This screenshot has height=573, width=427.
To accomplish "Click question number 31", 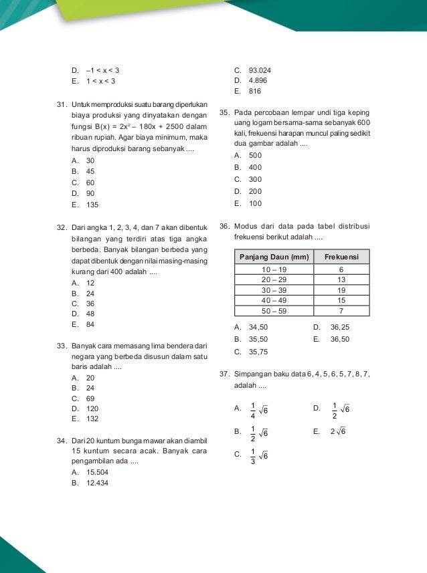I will [62, 106].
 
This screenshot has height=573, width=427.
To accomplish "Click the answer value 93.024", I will [259, 70].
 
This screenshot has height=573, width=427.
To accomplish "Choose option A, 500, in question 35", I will [254, 155].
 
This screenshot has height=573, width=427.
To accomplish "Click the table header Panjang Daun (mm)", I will [274, 257].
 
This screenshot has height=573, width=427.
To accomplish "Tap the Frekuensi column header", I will [341, 257].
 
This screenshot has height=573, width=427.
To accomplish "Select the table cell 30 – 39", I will [274, 290].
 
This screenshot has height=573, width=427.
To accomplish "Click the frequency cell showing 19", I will [341, 290].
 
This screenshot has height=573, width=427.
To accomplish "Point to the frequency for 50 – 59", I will [341, 311].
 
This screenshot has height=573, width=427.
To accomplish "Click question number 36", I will [224, 225].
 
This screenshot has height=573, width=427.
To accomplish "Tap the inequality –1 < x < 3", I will [102, 70].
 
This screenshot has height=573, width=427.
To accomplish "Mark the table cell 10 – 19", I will [274, 269].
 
